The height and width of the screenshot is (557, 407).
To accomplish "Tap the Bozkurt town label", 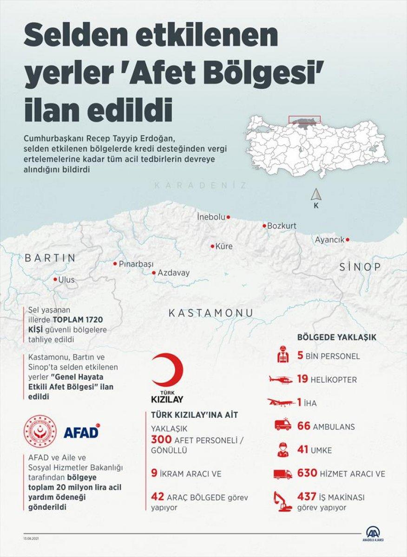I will [281, 226].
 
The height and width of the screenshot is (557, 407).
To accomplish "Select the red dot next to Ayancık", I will [348, 240].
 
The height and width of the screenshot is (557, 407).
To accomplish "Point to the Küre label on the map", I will [224, 246].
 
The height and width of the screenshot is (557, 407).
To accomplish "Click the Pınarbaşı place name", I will [136, 264].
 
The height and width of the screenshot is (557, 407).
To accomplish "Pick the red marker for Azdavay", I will [154, 273].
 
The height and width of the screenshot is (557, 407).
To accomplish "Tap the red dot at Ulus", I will [55, 279].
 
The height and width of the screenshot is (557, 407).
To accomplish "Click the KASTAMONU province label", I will [211, 313].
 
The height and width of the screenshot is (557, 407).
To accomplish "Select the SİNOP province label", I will [360, 267].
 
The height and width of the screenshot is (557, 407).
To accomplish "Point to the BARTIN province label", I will [50, 258].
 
